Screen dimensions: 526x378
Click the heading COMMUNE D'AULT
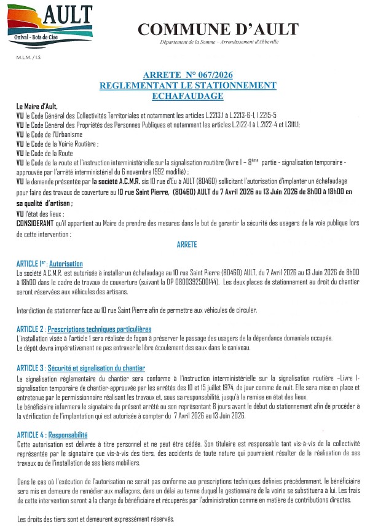218,29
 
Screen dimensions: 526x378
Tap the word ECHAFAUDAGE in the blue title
187,96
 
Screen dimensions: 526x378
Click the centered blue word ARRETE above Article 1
187,245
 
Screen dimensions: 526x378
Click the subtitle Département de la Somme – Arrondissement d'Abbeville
218,41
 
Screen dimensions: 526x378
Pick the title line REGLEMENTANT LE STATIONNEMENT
187,85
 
